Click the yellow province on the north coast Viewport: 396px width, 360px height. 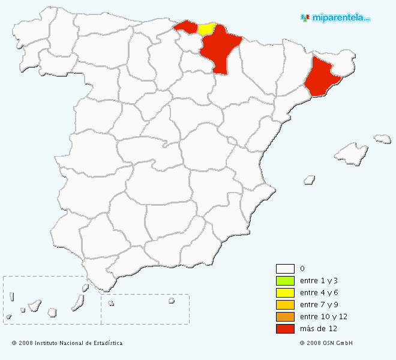[x=206, y=28]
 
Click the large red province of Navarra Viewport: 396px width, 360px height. [x=220, y=51]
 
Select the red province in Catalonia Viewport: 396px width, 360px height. [x=322, y=77]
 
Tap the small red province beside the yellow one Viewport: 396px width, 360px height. [x=185, y=26]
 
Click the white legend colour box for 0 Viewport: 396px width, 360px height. [x=285, y=269]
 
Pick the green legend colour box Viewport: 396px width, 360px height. [x=285, y=281]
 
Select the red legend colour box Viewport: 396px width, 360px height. [x=285, y=329]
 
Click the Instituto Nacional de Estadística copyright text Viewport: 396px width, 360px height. [x=67, y=343]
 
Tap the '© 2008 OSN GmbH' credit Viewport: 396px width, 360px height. [x=326, y=343]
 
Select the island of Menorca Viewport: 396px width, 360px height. [x=382, y=139]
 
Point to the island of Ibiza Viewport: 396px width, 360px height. [x=310, y=179]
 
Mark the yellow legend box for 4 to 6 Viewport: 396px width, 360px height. [x=285, y=293]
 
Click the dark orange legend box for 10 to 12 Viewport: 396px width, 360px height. [x=285, y=317]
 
